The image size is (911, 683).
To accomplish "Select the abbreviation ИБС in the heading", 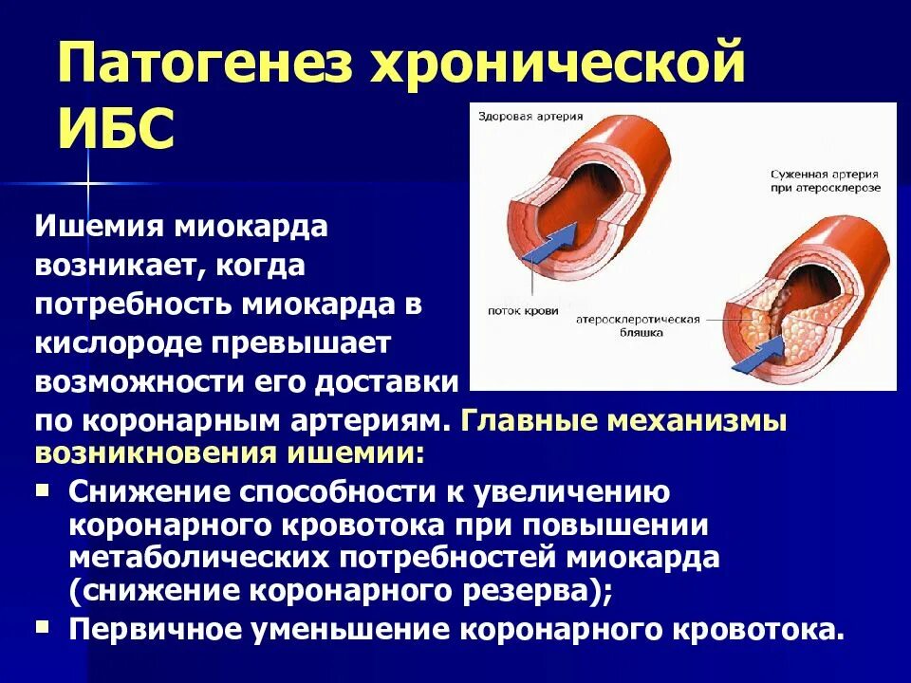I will point(117,130).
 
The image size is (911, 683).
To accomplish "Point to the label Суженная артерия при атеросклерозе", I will point(824,181).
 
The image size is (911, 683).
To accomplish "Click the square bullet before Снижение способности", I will point(43,490).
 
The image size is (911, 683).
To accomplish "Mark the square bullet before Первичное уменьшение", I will point(43,627).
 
